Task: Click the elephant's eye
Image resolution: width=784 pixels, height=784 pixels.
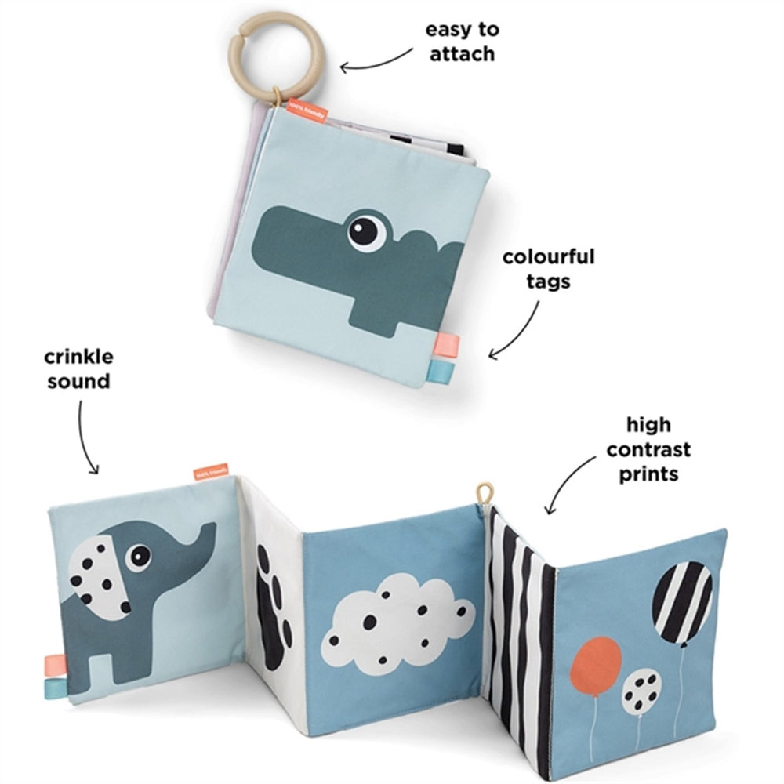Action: click(142, 556)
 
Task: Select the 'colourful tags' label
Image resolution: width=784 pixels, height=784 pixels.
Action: click(549, 268)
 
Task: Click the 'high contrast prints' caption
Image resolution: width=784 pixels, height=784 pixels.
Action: click(648, 449)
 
